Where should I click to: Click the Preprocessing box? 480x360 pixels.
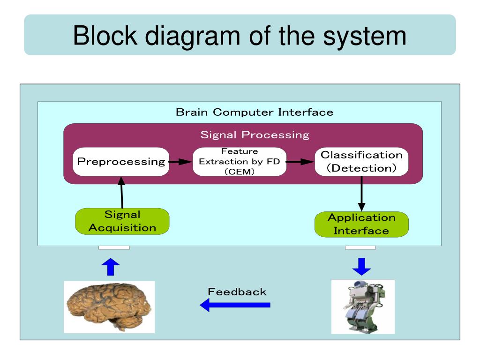pos(121,162)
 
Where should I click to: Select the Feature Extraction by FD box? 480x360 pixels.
pos(240,162)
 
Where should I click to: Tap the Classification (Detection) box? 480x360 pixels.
pos(361,162)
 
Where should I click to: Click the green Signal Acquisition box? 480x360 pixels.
pos(122,221)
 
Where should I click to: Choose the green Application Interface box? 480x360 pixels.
pos(361,224)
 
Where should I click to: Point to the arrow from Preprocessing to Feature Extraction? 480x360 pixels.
pos(180,162)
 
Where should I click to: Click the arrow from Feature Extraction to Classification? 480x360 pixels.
pos(300,162)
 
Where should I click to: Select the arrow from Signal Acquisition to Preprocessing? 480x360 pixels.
pos(122,192)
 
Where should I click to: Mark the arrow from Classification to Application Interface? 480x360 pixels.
pos(361,194)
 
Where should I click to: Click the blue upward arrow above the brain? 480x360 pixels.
pos(111,267)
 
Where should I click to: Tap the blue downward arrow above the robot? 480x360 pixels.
pos(361,267)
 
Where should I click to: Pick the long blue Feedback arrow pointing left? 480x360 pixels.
pos(235,305)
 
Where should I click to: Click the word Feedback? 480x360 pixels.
pos(237,292)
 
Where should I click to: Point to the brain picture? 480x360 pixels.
pos(109,307)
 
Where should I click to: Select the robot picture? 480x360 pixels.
pos(363,307)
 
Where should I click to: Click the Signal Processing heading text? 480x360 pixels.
pos(255,135)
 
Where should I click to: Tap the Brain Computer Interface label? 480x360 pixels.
pos(255,112)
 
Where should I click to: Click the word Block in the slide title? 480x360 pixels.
pos(105,36)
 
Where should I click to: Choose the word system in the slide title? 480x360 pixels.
pos(365,37)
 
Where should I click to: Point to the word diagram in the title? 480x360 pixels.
pos(193,37)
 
